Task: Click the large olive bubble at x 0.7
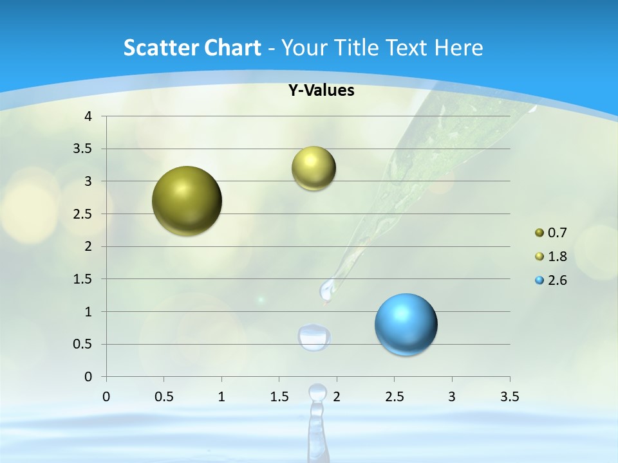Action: (x=187, y=201)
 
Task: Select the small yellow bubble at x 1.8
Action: (x=314, y=168)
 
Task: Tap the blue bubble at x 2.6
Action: (x=406, y=324)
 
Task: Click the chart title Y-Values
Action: (x=321, y=91)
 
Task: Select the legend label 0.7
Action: (x=557, y=233)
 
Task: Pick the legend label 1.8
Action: (x=557, y=257)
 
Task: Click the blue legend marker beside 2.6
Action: (x=539, y=280)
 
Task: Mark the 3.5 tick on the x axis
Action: (x=510, y=397)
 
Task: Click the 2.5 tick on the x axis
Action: (x=394, y=397)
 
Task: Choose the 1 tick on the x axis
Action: (x=221, y=397)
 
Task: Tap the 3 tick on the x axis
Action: (x=452, y=397)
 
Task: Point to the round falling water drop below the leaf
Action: (x=314, y=337)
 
